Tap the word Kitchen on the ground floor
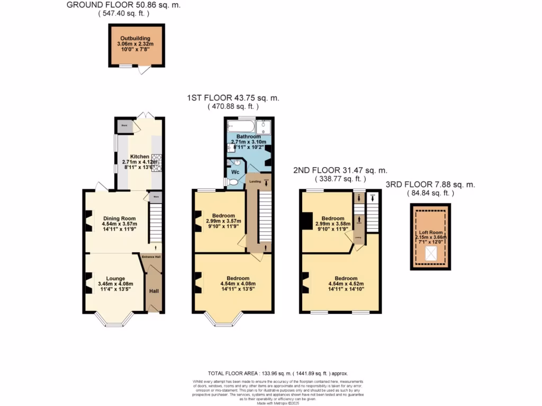point(140,156)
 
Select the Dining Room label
point(119,218)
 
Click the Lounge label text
point(115,279)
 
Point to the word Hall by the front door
point(153,291)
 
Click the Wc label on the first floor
point(234,172)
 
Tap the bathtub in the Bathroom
point(240,126)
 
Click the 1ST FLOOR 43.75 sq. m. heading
point(233,98)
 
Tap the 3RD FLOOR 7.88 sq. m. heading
point(430,184)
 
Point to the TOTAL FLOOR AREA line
point(270,373)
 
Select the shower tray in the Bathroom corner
point(264,127)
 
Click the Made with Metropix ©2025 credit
point(270,403)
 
